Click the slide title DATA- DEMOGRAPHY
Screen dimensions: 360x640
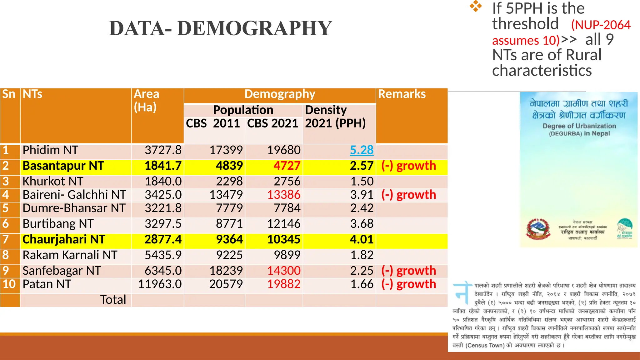[220, 28]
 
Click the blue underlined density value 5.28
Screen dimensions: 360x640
[362, 150]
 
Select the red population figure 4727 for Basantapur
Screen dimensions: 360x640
[287, 166]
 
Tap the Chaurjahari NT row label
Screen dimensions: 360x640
[64, 239]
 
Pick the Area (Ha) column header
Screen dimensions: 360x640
[146, 101]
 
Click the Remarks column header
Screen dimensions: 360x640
[402, 94]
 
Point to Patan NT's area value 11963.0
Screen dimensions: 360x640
[160, 284]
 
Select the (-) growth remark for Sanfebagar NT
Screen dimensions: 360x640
[408, 271]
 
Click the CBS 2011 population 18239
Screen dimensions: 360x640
[226, 271]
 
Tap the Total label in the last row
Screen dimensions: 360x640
[113, 300]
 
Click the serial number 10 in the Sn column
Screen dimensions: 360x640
[9, 284]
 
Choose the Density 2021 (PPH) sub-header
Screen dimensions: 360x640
[335, 117]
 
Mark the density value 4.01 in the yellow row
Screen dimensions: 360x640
[362, 239]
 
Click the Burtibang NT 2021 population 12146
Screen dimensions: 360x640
[284, 224]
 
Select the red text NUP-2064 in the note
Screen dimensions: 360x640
[601, 25]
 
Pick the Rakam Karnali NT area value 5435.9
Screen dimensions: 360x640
[163, 255]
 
